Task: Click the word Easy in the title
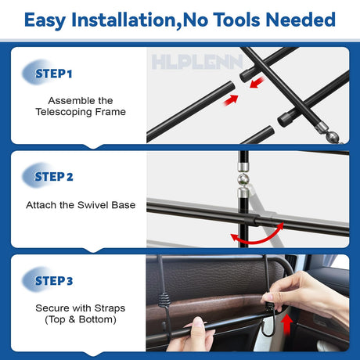pyautogui.click(x=45, y=20)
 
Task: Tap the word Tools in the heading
pyautogui.click(x=237, y=20)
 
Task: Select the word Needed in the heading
pyautogui.click(x=301, y=20)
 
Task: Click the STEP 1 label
pyautogui.click(x=53, y=74)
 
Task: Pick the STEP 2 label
pyautogui.click(x=54, y=177)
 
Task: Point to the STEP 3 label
pyautogui.click(x=54, y=281)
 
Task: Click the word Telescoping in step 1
pyautogui.click(x=64, y=112)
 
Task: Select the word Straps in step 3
pyautogui.click(x=110, y=308)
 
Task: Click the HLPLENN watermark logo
pyautogui.click(x=197, y=62)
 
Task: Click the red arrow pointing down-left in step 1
pyautogui.click(x=257, y=82)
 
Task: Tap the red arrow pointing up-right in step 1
pyautogui.click(x=231, y=100)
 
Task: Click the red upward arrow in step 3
pyautogui.click(x=287, y=324)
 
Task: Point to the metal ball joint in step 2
pyautogui.click(x=243, y=179)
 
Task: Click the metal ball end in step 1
pyautogui.click(x=333, y=137)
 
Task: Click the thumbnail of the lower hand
pyautogui.click(x=197, y=322)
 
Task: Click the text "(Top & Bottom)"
pyautogui.click(x=81, y=320)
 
